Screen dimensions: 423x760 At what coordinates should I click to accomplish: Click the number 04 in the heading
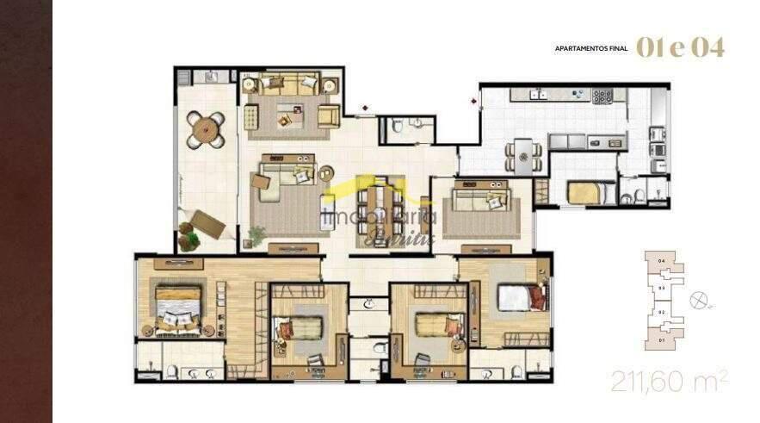(706, 47)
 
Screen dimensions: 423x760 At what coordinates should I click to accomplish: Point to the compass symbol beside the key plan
(700, 299)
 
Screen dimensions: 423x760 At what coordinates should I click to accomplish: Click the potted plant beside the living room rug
(256, 233)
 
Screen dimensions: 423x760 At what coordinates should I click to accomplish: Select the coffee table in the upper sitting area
(287, 115)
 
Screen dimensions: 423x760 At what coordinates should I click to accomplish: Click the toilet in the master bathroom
(171, 372)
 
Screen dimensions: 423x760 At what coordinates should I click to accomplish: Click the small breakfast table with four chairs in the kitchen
(522, 153)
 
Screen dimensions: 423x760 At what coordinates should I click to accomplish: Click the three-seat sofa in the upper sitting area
(288, 84)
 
